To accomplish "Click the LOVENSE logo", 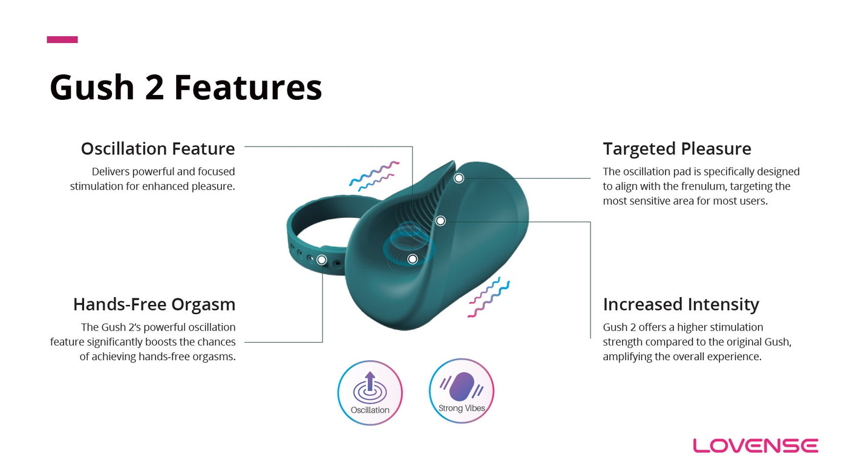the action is (x=756, y=445).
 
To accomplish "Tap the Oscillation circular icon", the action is (x=370, y=393).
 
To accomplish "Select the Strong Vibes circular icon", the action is (x=461, y=391).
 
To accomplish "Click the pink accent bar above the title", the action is (x=62, y=40).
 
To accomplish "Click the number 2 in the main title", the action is (x=154, y=87).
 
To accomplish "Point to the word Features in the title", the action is (x=248, y=87).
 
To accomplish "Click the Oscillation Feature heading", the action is (x=158, y=149).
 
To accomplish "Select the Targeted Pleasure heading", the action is (x=677, y=149).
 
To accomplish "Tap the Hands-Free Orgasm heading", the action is (x=154, y=304).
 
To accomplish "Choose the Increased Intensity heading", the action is (x=681, y=304).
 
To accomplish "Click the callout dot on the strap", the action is (x=322, y=260).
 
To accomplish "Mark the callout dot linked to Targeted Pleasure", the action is (x=459, y=178).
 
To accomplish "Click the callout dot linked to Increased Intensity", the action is (x=440, y=221).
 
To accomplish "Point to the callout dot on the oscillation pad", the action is (x=413, y=259).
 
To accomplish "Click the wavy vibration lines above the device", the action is (x=374, y=176).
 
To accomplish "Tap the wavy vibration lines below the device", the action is (x=489, y=297).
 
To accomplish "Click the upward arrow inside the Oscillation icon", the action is (x=370, y=381).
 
